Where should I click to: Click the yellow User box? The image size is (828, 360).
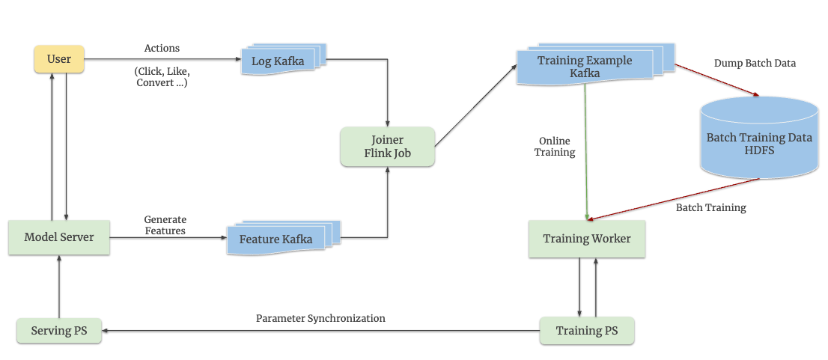[59, 59]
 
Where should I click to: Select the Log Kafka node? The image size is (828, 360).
[278, 61]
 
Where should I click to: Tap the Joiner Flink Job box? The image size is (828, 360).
[387, 147]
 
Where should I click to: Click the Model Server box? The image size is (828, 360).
[59, 237]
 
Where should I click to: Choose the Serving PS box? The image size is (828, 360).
[59, 330]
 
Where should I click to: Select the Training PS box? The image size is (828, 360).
[587, 330]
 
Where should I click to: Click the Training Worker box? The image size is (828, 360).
[587, 239]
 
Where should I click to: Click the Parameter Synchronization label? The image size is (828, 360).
[320, 318]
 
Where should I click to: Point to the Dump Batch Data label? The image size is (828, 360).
[755, 64]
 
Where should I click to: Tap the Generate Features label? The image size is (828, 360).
[165, 225]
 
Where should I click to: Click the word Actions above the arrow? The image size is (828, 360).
[162, 49]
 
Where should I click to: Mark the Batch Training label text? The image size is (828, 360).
[710, 207]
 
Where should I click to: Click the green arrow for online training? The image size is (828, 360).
[586, 150]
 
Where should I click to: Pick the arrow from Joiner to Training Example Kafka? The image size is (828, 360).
[475, 106]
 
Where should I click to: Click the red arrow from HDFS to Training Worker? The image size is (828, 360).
[674, 199]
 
